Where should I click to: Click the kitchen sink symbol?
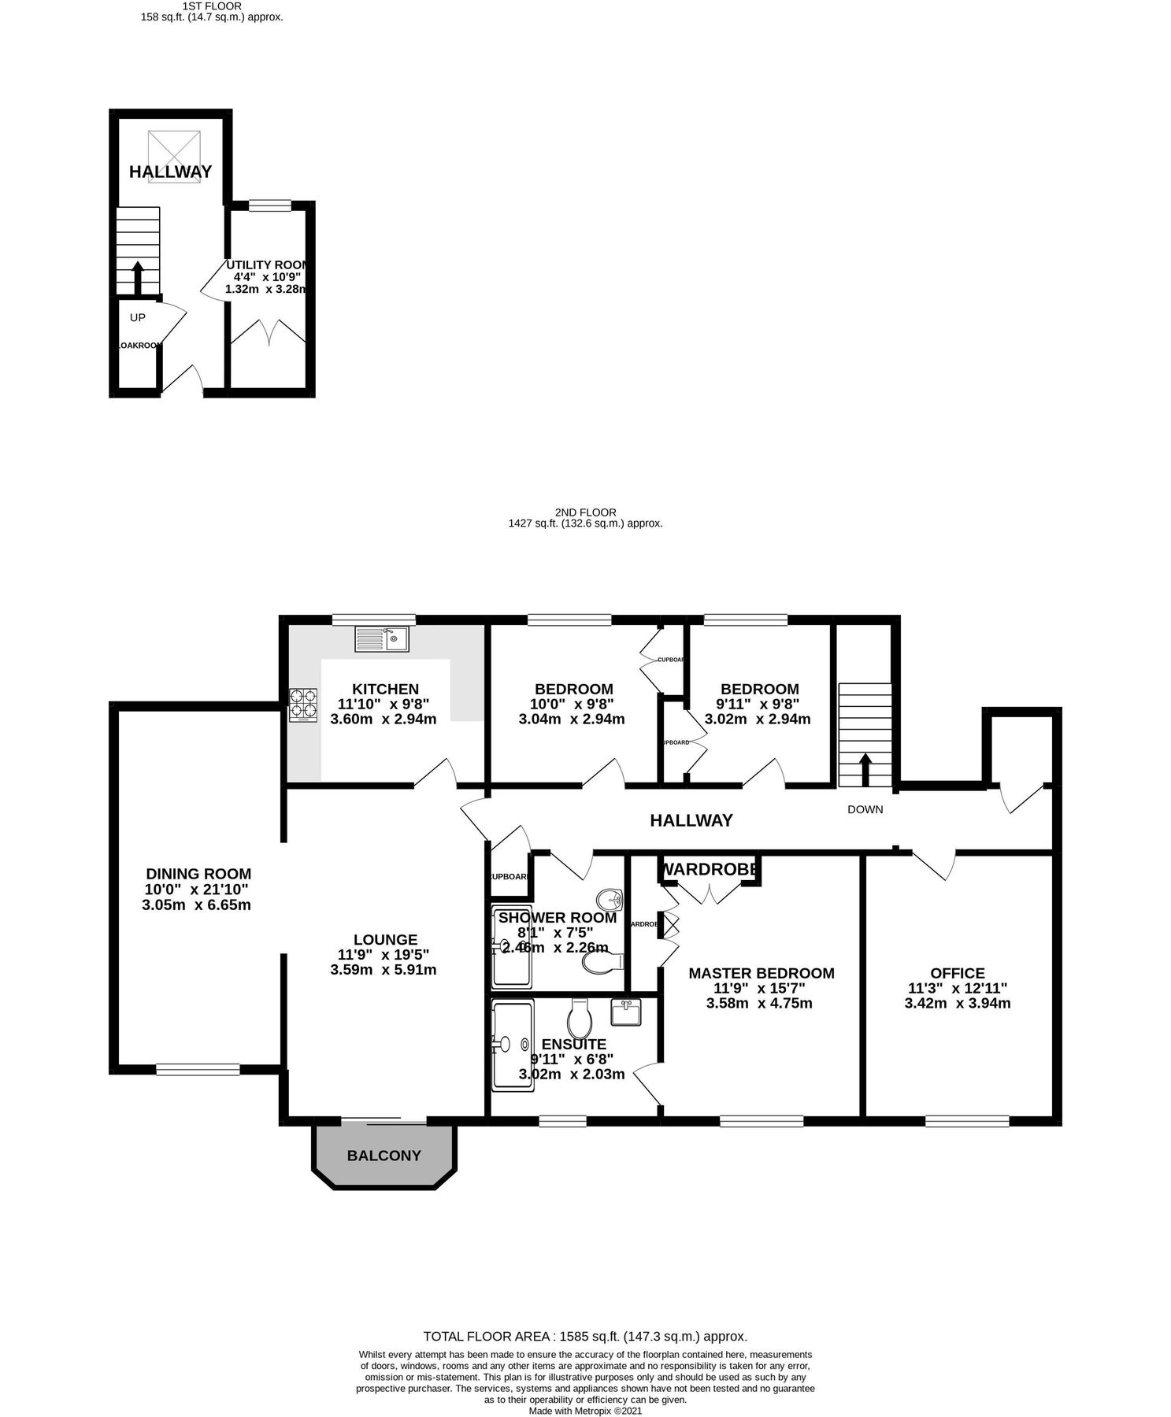click(x=382, y=638)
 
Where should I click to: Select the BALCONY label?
click(x=384, y=1156)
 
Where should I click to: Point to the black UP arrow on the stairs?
click(x=137, y=278)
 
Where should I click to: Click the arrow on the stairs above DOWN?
click(x=865, y=769)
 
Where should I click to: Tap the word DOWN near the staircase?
click(x=865, y=809)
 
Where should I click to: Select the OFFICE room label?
click(x=957, y=973)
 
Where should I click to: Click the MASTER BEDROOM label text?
click(x=761, y=973)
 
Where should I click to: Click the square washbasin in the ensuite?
click(x=626, y=1012)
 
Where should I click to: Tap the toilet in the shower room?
click(x=602, y=962)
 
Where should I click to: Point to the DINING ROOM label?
click(x=198, y=874)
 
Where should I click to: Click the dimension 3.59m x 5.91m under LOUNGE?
click(x=384, y=970)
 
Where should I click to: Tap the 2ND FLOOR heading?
click(x=585, y=512)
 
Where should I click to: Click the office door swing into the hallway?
click(x=937, y=865)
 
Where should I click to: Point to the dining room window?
click(x=198, y=1068)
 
